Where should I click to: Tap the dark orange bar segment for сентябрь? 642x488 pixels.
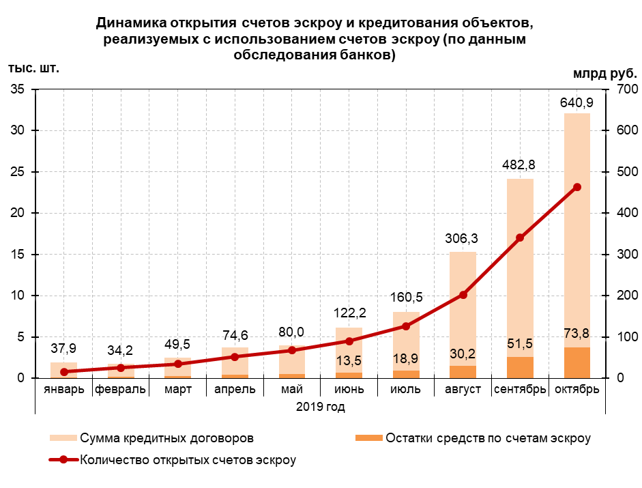click(x=519, y=367)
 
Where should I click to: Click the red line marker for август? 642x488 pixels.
click(x=463, y=295)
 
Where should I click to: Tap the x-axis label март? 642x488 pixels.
click(x=177, y=389)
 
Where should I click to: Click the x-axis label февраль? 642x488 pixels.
click(x=121, y=389)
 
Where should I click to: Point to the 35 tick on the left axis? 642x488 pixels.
click(x=18, y=89)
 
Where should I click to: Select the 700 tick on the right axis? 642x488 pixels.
click(x=627, y=89)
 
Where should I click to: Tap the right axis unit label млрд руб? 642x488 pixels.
click(x=604, y=73)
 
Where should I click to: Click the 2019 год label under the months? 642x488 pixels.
click(x=320, y=407)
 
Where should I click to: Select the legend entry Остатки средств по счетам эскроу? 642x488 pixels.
click(x=487, y=437)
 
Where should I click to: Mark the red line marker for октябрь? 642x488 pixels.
click(x=577, y=187)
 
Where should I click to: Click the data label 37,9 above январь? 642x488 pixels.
click(x=64, y=347)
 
